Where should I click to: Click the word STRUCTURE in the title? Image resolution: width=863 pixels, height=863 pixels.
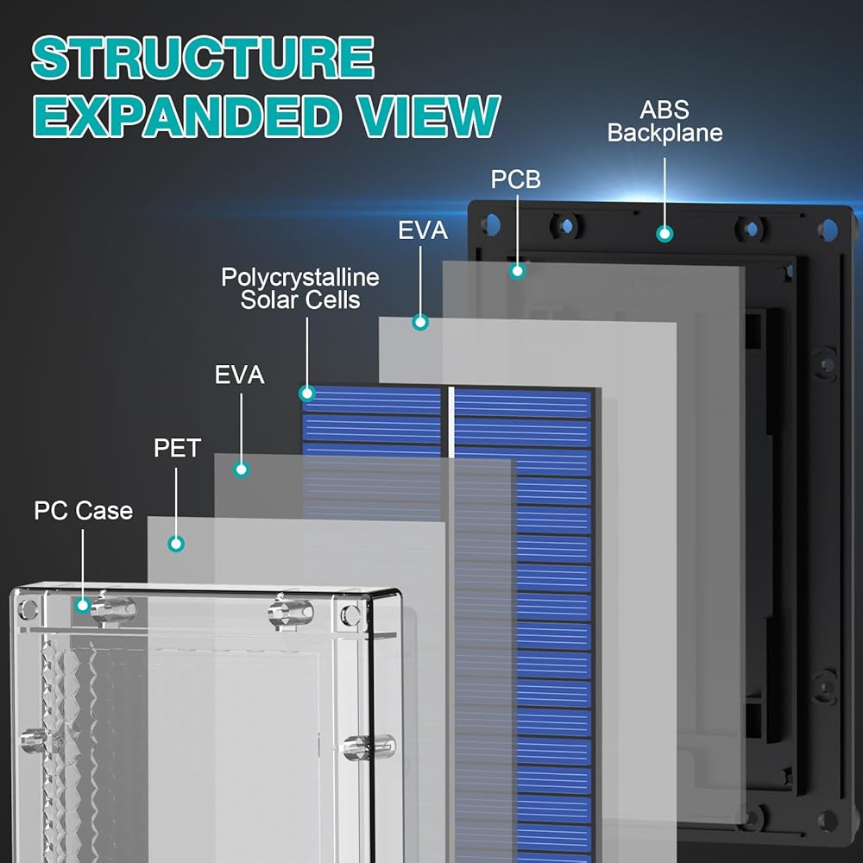(204, 58)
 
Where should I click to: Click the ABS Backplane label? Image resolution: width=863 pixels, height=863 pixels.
(665, 122)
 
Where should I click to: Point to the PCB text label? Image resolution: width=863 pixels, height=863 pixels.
(516, 180)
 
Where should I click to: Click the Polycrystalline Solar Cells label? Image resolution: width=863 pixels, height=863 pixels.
(300, 289)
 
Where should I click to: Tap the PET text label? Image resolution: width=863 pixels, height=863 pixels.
(177, 448)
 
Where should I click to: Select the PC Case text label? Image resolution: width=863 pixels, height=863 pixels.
(84, 511)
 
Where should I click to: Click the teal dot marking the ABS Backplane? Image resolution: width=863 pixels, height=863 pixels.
(665, 234)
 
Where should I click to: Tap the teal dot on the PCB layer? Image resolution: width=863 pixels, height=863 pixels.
(517, 271)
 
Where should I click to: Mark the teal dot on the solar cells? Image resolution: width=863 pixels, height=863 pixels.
(307, 393)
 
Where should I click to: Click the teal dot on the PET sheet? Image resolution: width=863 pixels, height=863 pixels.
(176, 544)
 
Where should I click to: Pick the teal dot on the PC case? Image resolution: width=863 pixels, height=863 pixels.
(83, 606)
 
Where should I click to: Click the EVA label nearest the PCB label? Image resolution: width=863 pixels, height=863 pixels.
(423, 230)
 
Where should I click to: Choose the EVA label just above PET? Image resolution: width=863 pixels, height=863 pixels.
(239, 375)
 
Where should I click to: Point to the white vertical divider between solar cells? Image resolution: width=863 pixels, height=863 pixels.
(451, 422)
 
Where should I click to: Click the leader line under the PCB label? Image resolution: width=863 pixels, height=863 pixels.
(517, 229)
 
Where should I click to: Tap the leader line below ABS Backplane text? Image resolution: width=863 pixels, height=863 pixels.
(665, 192)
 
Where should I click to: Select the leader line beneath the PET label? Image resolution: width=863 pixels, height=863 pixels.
(176, 502)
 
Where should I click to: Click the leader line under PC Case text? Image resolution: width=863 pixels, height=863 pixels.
(83, 564)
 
